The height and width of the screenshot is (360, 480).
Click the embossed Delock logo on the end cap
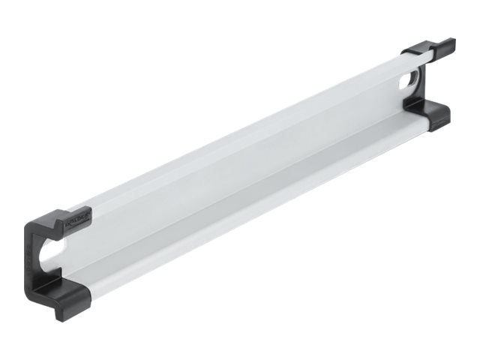[76, 220]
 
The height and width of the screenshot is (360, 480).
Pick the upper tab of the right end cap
[430, 49]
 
